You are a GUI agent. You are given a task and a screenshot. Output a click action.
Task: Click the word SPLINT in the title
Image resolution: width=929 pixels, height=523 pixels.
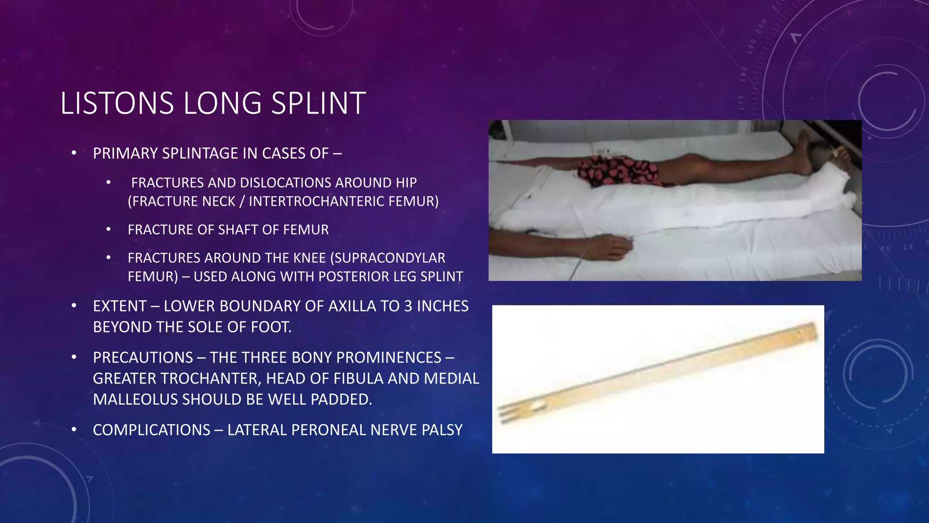click(x=318, y=104)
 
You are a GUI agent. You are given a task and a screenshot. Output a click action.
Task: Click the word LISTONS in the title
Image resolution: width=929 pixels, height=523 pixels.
click(x=117, y=104)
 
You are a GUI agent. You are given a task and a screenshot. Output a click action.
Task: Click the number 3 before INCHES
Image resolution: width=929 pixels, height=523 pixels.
click(x=408, y=306)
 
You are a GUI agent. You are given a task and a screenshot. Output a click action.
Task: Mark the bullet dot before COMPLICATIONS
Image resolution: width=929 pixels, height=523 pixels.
click(x=74, y=430)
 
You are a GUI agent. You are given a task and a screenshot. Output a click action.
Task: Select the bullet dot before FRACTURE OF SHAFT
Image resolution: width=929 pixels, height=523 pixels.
click(x=108, y=230)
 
